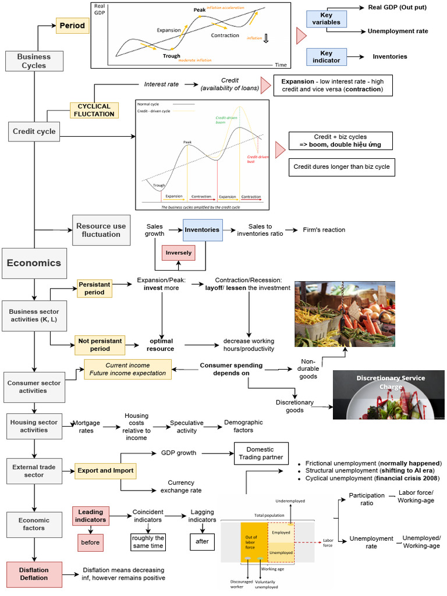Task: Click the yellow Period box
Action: [73, 26]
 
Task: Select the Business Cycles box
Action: [34, 61]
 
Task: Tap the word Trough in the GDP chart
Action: [172, 56]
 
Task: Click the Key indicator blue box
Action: [326, 56]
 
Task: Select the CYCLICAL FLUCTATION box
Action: [94, 110]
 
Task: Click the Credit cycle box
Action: [34, 132]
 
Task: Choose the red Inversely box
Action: [178, 253]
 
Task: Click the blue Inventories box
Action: [202, 229]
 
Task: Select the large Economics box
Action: [34, 263]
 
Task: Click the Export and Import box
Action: [105, 470]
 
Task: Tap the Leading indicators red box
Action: [90, 516]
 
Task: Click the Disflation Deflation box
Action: [34, 574]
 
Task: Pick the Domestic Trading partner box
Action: [261, 453]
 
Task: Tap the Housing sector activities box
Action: [34, 425]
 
